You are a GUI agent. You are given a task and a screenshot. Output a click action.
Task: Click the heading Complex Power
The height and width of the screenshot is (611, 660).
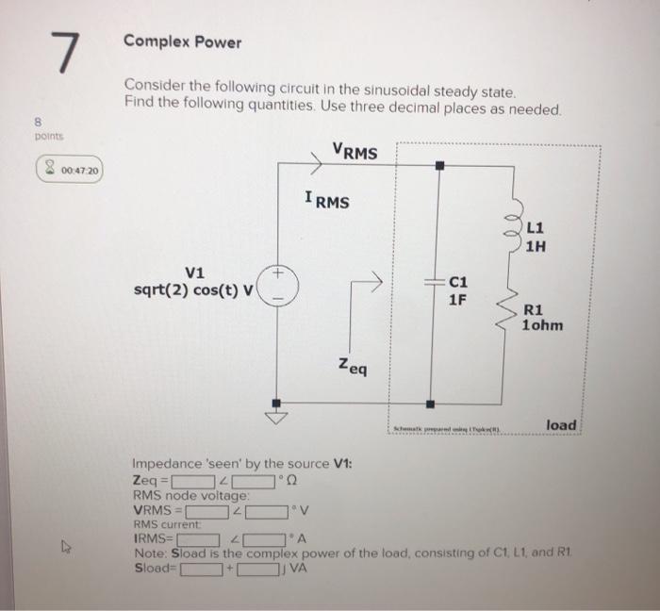click(x=183, y=42)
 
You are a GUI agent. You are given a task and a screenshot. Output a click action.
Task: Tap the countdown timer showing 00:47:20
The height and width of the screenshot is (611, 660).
click(x=70, y=171)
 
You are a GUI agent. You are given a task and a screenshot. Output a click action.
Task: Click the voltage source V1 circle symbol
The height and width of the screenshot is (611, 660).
click(x=278, y=284)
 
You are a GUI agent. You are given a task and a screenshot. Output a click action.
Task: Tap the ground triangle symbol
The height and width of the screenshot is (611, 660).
click(x=278, y=416)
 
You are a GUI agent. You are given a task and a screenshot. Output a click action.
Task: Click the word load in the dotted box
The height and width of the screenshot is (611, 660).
click(x=560, y=425)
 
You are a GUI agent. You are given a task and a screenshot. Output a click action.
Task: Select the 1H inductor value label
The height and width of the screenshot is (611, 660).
click(x=536, y=248)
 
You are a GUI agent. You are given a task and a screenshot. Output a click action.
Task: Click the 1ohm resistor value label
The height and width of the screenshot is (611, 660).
click(x=542, y=325)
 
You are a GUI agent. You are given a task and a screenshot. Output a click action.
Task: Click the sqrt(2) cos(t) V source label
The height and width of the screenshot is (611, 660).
click(x=193, y=289)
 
